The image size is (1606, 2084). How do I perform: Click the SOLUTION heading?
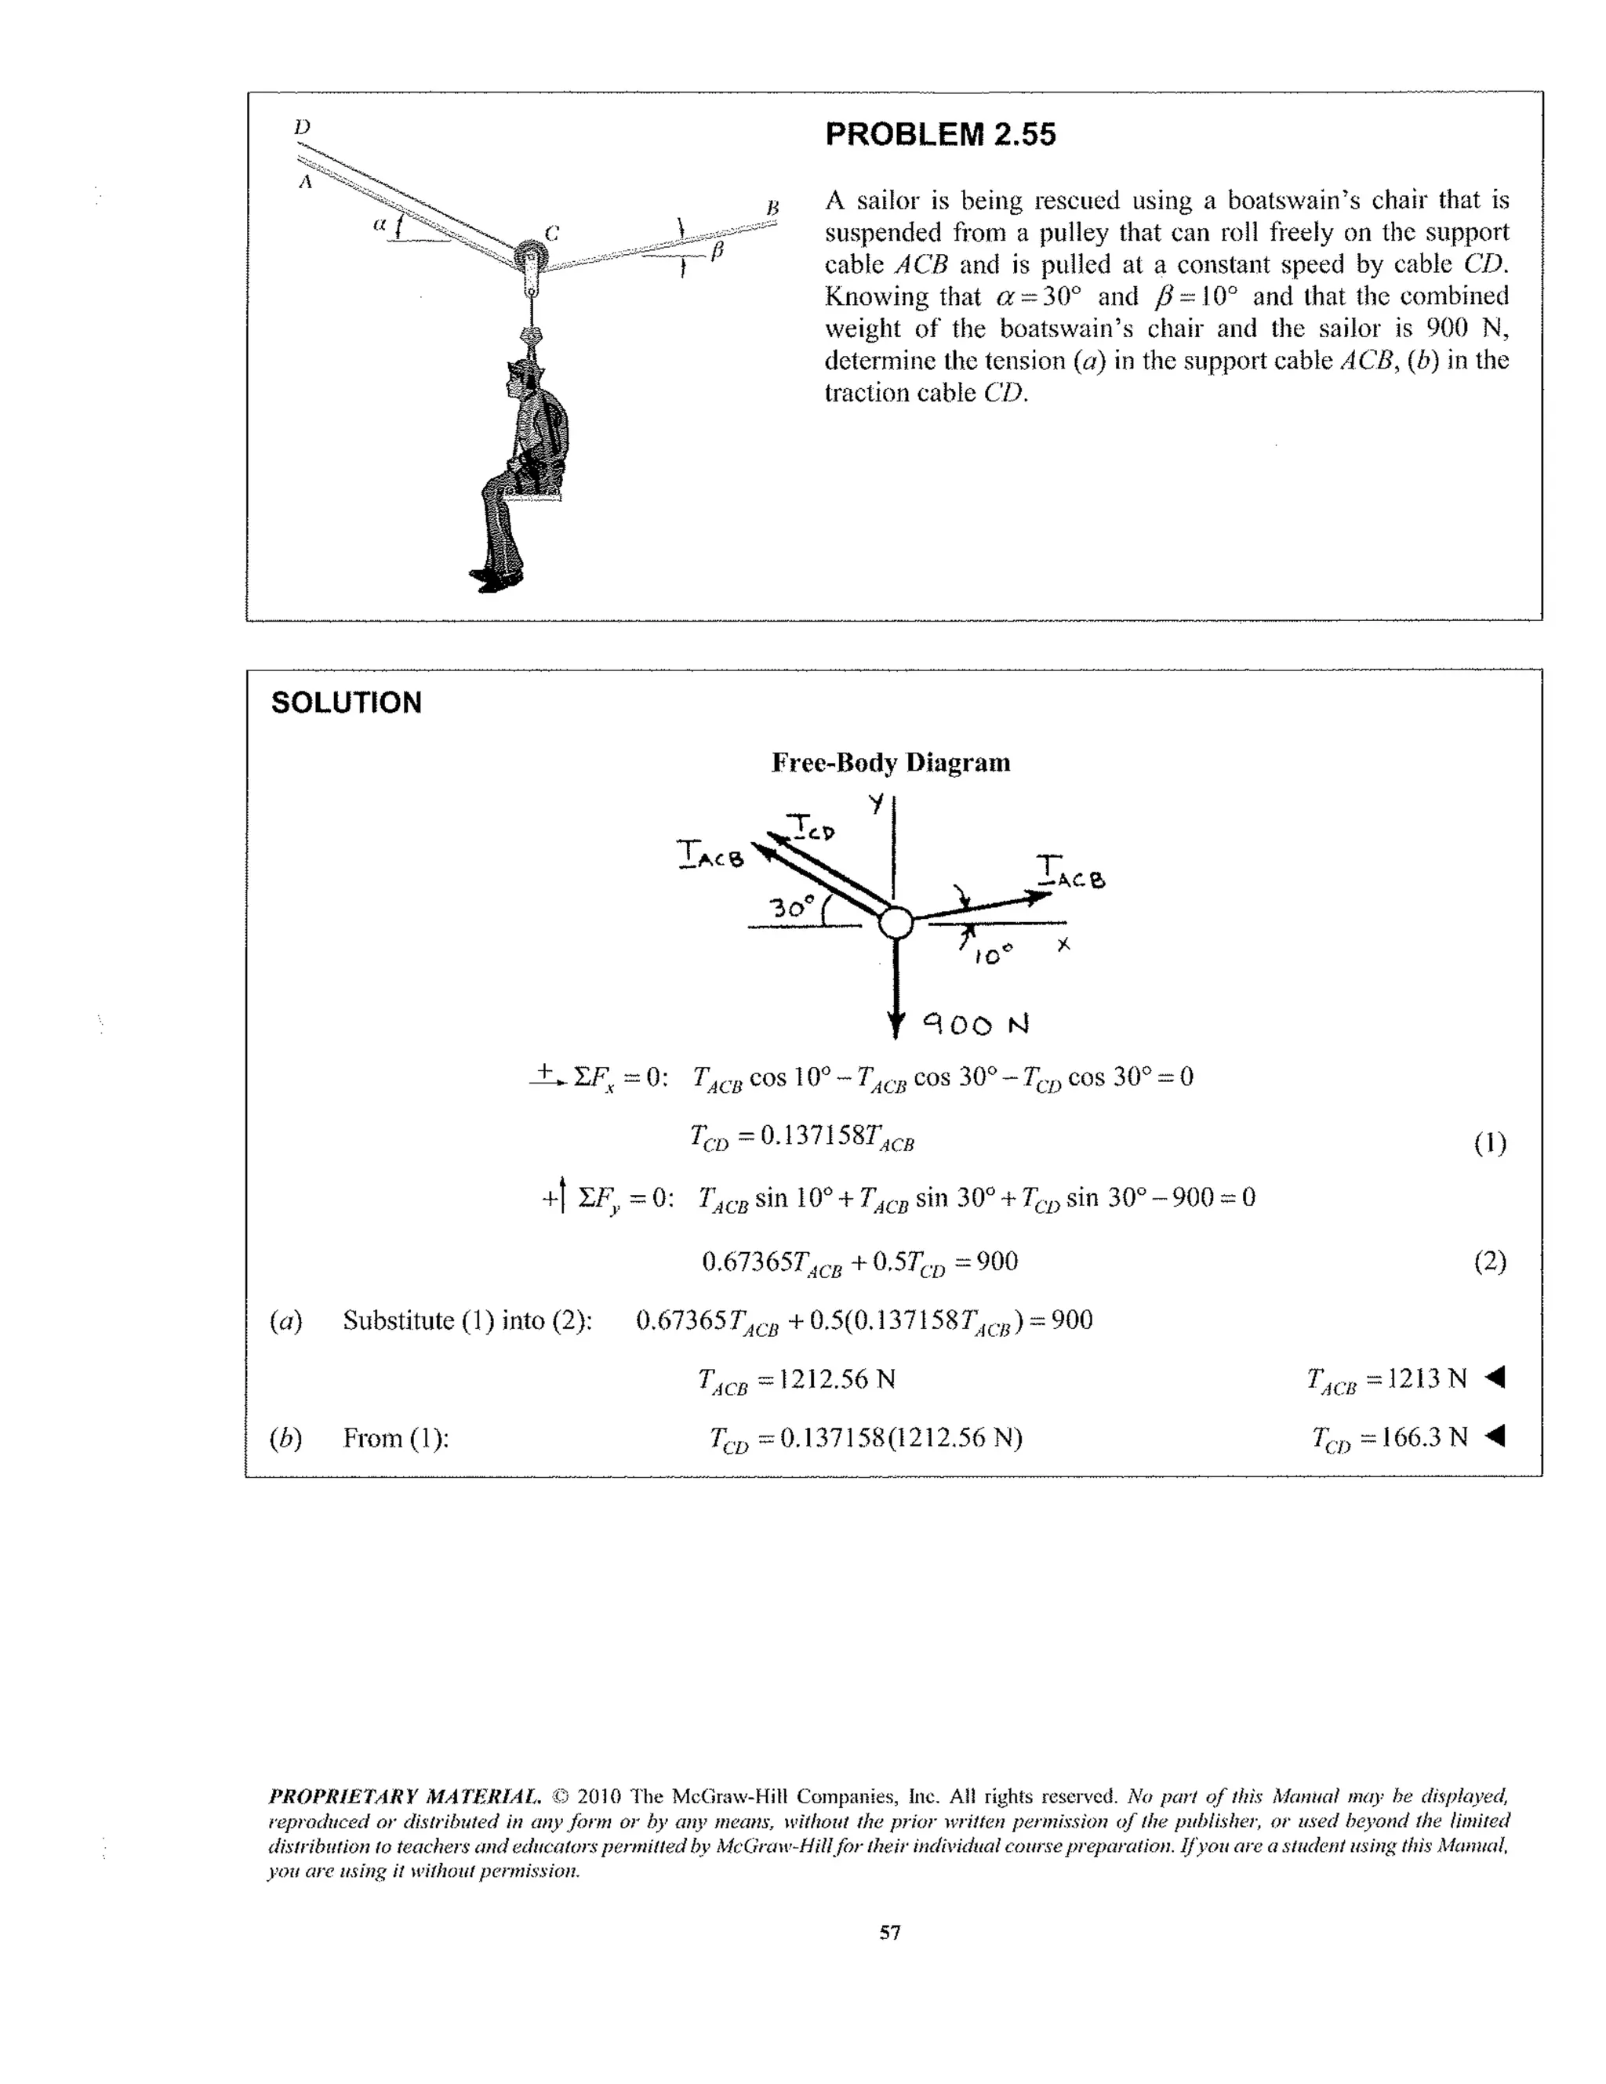click(x=346, y=703)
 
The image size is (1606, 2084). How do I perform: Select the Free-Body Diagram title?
click(x=890, y=762)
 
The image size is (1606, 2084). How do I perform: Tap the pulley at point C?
click(x=528, y=258)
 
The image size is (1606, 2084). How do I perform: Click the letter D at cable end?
click(x=302, y=127)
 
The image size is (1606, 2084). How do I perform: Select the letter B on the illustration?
click(x=773, y=207)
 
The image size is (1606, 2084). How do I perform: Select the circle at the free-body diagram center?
click(x=895, y=923)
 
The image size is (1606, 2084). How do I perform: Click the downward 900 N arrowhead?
click(x=895, y=1025)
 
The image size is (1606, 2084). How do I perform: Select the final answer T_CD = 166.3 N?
click(x=1389, y=1437)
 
